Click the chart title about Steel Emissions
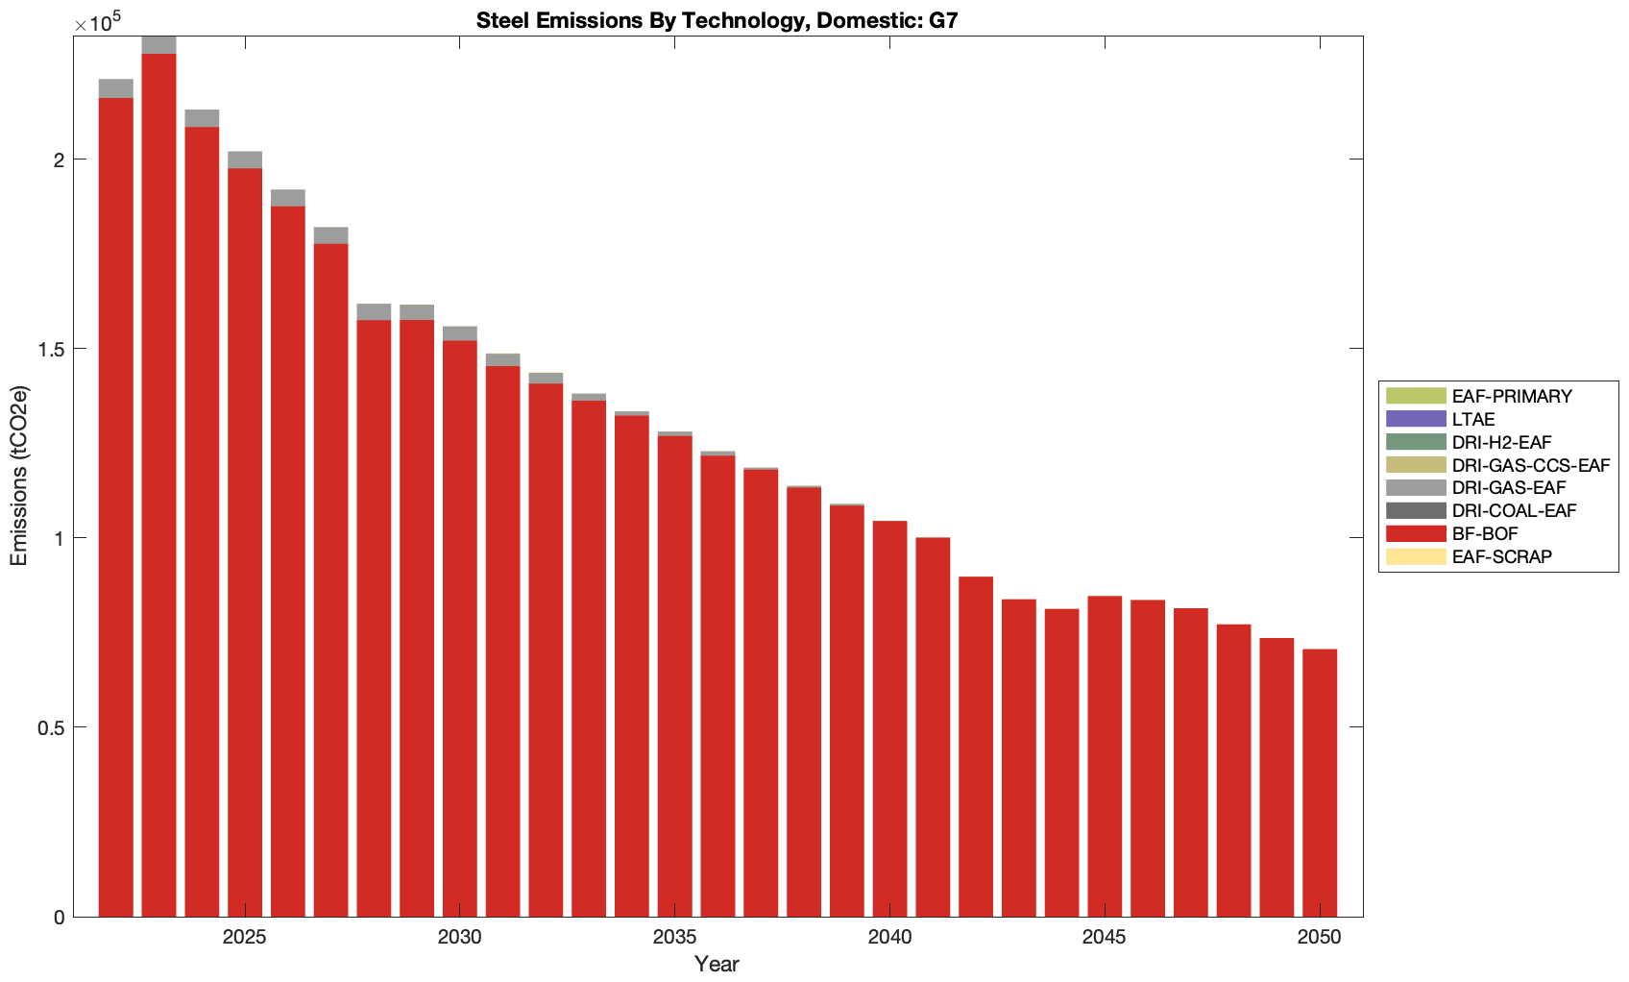(x=717, y=20)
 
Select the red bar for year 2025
(x=245, y=543)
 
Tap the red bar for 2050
(x=1320, y=783)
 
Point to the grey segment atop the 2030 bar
(x=460, y=333)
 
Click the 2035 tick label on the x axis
(x=674, y=938)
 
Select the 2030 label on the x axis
(x=460, y=938)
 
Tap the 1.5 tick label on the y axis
(x=52, y=349)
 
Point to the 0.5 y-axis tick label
(x=52, y=727)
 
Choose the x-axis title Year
(x=717, y=964)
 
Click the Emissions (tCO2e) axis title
(x=19, y=476)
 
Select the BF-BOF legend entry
(x=1484, y=534)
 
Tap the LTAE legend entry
(x=1472, y=420)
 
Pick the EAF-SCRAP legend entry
(x=1501, y=557)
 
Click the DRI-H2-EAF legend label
(x=1501, y=442)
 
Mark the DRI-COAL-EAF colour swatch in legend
(x=1416, y=511)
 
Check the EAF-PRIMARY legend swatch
(x=1416, y=396)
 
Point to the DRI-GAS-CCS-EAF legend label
(x=1530, y=465)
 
